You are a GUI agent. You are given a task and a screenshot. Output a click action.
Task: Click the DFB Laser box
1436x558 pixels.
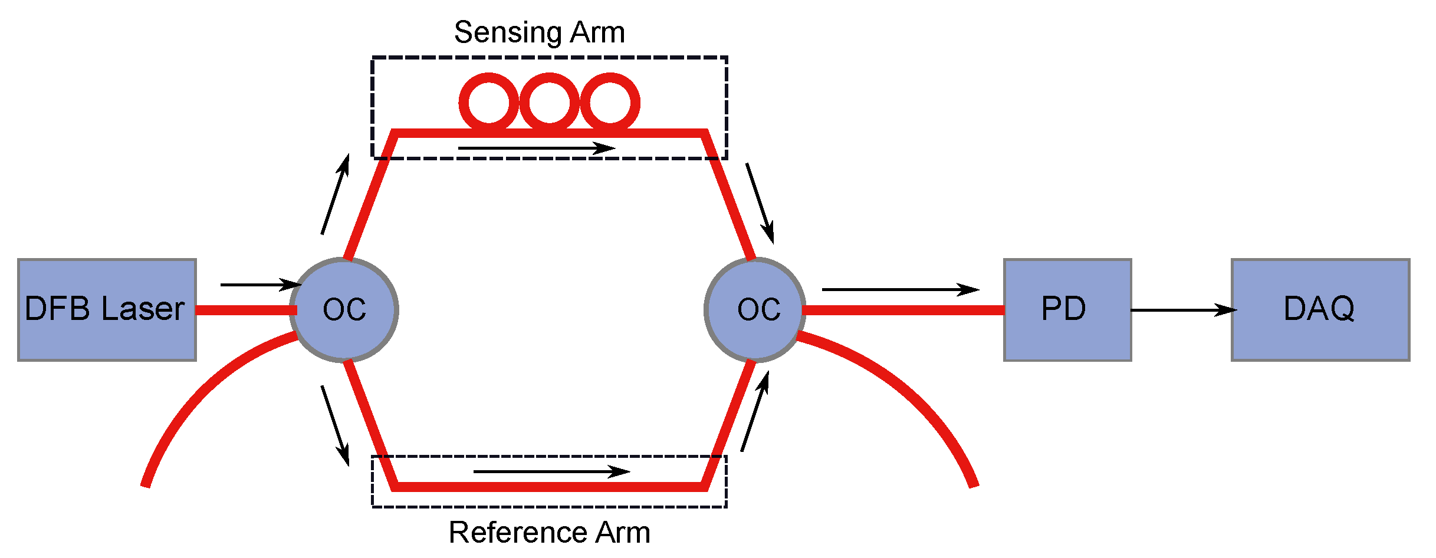tap(107, 309)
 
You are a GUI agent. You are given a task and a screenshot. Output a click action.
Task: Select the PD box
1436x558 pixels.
tap(1067, 309)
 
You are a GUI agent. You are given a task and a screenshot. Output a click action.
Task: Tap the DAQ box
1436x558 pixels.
tap(1320, 309)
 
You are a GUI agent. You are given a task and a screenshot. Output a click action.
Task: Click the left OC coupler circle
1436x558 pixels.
tap(344, 309)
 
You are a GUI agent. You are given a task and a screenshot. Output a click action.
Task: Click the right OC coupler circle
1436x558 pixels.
tap(754, 309)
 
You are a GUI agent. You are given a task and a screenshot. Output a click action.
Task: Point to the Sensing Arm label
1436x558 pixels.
tap(539, 32)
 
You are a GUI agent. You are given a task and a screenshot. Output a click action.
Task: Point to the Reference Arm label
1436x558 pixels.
tap(549, 532)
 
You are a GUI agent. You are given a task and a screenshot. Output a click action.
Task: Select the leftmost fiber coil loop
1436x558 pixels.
tap(489, 103)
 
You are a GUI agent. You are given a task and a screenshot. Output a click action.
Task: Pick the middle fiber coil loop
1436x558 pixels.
tap(550, 103)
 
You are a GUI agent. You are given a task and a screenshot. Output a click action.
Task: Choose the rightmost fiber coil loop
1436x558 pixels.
tap(610, 103)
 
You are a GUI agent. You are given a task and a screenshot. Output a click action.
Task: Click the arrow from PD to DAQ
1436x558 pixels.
tap(1182, 310)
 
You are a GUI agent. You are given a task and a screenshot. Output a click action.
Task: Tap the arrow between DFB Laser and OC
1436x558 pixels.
tap(260, 285)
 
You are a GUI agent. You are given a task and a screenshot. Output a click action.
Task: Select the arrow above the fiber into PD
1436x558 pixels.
tap(900, 289)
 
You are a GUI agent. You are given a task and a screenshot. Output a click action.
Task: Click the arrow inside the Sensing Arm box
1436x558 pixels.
tap(536, 148)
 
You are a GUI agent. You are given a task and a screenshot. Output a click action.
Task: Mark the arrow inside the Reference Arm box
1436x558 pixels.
tap(551, 471)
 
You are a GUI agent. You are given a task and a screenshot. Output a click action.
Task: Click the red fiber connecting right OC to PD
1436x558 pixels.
tap(902, 310)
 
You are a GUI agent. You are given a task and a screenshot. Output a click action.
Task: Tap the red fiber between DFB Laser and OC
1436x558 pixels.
tap(245, 310)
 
